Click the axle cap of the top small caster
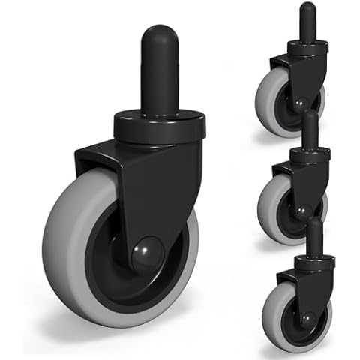[x=299, y=105]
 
